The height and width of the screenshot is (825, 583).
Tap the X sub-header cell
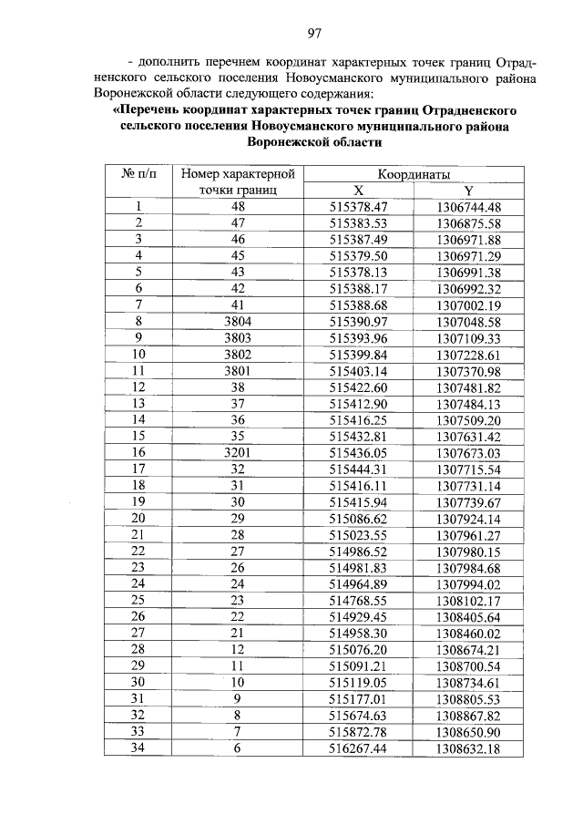click(x=359, y=191)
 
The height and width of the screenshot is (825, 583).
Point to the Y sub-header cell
click(x=468, y=191)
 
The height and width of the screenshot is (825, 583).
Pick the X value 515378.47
click(x=359, y=207)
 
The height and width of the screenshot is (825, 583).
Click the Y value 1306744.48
click(x=468, y=207)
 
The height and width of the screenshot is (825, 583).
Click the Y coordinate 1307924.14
click(x=468, y=519)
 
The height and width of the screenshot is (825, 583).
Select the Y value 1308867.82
click(x=468, y=716)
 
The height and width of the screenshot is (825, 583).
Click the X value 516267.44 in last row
click(x=359, y=748)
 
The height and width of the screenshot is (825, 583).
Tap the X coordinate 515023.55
click(x=359, y=535)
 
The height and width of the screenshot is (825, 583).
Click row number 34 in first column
click(x=139, y=748)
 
